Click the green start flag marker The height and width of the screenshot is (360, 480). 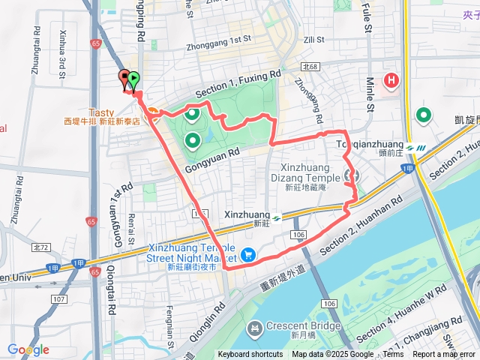133,78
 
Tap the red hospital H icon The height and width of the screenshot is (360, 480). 391,80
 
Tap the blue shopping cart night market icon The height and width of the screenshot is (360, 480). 248,256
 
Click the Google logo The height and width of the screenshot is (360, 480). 28,350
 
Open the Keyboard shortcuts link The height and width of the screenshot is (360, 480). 250,355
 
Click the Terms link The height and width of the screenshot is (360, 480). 393,355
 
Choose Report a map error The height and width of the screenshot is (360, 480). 444,355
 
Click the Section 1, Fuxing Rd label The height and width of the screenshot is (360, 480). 237,83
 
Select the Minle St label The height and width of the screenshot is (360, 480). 370,92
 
